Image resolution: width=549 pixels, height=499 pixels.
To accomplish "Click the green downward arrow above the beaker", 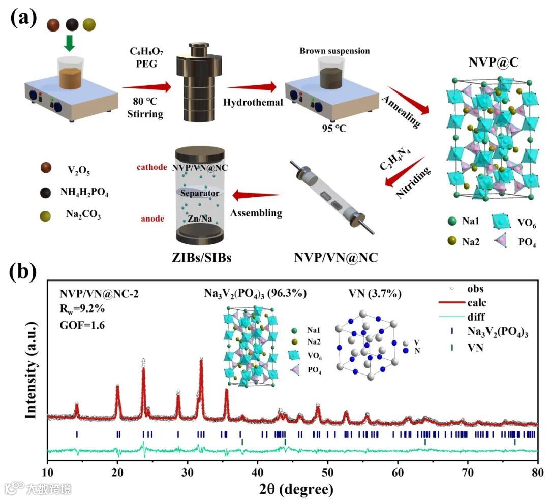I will tap(70, 43).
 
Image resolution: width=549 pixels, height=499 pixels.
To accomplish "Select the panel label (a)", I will tap(24, 19).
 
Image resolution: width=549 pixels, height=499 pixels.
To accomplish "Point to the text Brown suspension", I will tap(334, 51).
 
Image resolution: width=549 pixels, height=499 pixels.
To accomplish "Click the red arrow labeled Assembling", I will tap(257, 194).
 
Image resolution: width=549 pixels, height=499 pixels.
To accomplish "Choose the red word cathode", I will tap(151, 167).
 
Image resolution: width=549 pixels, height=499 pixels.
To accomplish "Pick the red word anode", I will tap(153, 219).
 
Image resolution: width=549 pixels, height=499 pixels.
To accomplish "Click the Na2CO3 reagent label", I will tap(84, 215).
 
